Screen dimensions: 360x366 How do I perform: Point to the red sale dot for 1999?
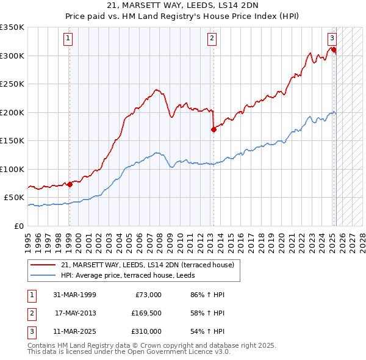tap(70, 184)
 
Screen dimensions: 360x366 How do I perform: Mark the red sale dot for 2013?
tap(213, 129)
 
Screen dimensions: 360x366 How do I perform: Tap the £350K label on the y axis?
tap(12, 27)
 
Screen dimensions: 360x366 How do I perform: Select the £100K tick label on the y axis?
tap(12, 169)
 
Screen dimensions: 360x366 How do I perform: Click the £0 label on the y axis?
tap(18, 226)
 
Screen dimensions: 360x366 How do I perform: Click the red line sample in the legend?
tap(43, 265)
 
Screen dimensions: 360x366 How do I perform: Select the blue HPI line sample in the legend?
tap(43, 275)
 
